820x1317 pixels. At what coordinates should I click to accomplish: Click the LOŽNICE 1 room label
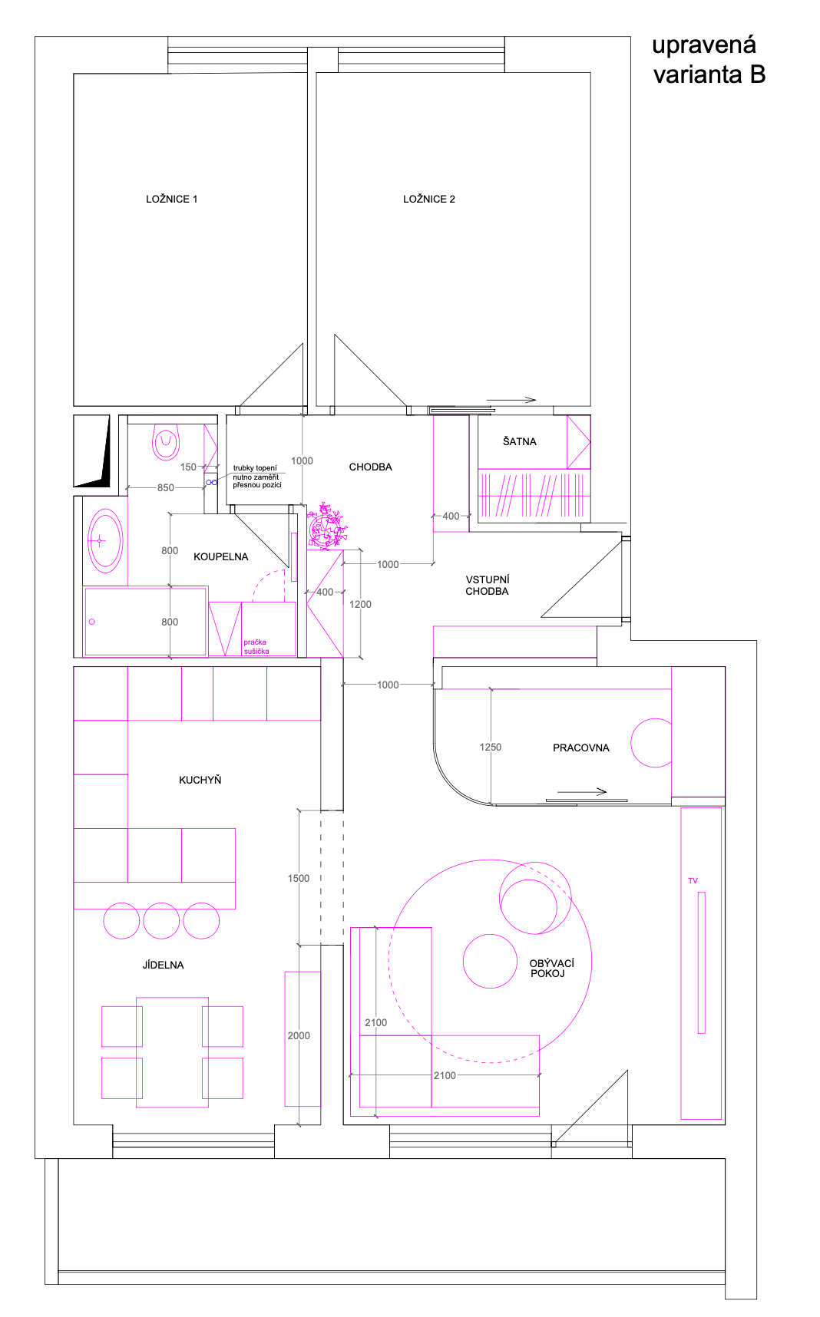click(171, 199)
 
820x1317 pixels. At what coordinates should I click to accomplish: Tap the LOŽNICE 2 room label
click(429, 199)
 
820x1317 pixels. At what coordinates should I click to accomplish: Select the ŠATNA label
click(520, 441)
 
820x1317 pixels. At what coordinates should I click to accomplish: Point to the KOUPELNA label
click(221, 556)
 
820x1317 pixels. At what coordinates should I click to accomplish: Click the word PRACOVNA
click(581, 748)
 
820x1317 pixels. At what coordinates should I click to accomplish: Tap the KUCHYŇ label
click(200, 780)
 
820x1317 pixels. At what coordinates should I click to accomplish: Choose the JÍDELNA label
click(164, 965)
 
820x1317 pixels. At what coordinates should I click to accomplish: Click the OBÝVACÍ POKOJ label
click(551, 969)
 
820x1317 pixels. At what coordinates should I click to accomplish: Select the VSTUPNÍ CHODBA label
click(488, 586)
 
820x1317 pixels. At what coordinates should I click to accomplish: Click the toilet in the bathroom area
click(166, 441)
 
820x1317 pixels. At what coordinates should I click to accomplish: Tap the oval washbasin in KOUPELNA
click(105, 541)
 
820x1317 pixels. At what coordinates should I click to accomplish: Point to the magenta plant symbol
click(327, 526)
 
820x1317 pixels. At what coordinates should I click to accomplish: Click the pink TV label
click(693, 880)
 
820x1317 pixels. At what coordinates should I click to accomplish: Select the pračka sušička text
click(256, 646)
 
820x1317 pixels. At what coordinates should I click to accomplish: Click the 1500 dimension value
click(299, 878)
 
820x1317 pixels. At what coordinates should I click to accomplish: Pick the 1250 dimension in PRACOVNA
click(491, 747)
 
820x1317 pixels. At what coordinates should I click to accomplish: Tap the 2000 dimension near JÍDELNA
click(299, 1035)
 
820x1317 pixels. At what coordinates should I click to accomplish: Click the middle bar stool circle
click(161, 920)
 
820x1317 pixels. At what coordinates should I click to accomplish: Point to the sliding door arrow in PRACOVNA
click(582, 792)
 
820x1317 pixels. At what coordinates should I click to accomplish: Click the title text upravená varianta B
click(709, 60)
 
